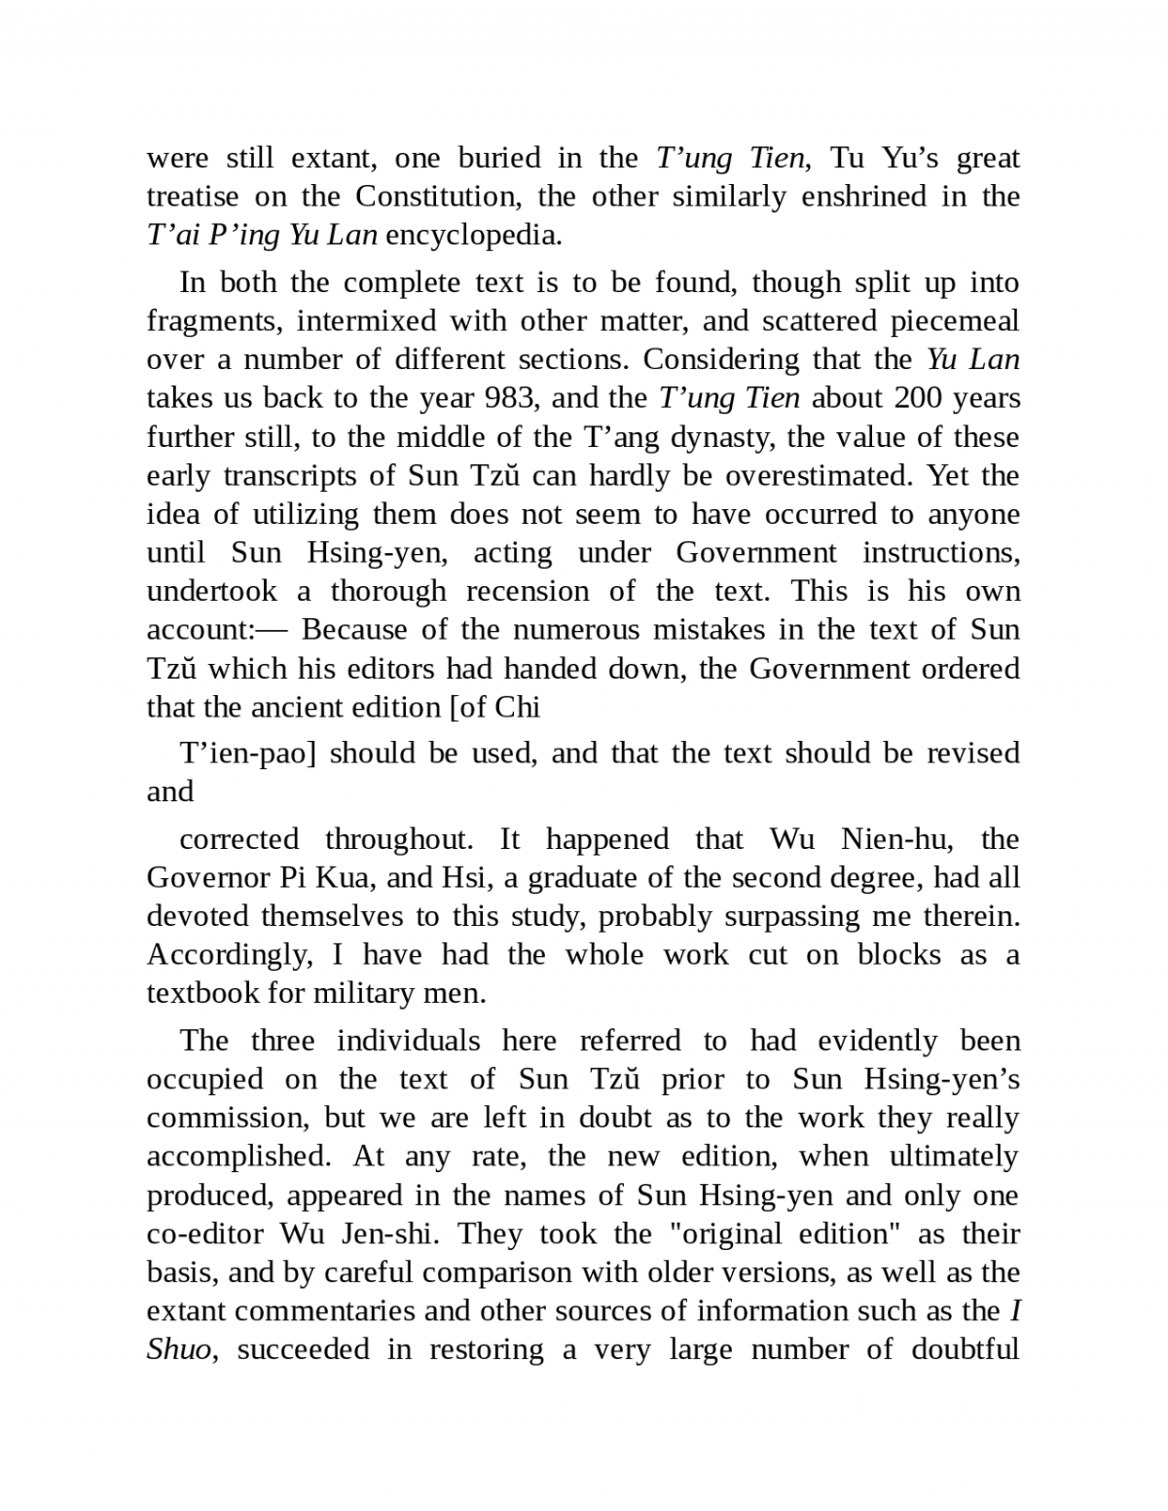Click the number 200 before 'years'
(x=917, y=398)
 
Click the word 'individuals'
(x=408, y=1041)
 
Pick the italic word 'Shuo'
(x=178, y=1350)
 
